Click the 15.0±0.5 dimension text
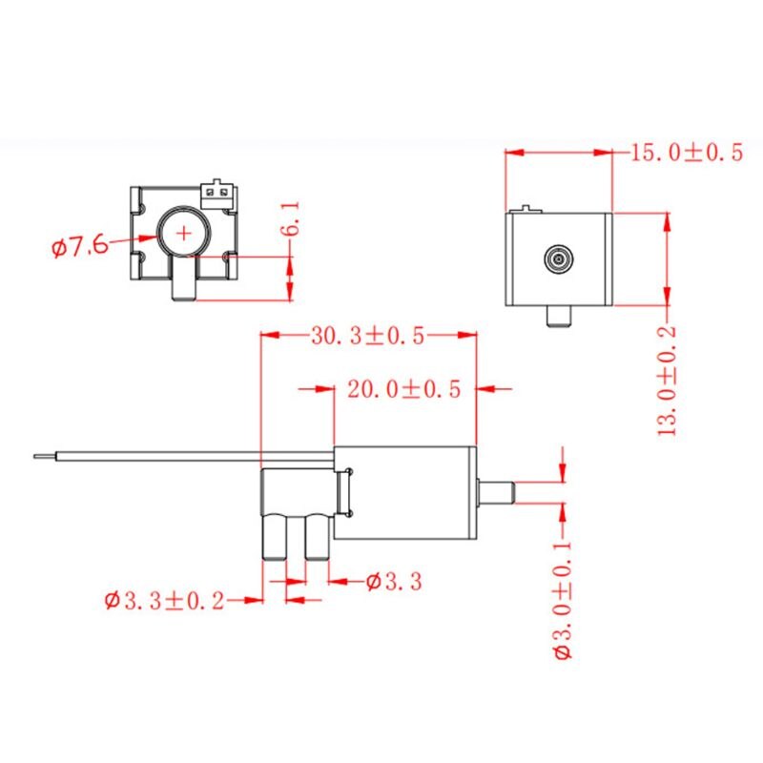tap(686, 153)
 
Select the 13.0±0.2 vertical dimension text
tap(668, 380)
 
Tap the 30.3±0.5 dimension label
tap(368, 336)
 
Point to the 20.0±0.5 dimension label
tap(404, 389)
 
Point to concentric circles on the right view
tap(557, 258)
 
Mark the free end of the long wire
tap(36, 455)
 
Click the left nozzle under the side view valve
tap(275, 539)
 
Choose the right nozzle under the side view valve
tap(316, 539)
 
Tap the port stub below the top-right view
tap(557, 316)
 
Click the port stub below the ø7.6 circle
tap(184, 281)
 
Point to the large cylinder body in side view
tap(405, 495)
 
